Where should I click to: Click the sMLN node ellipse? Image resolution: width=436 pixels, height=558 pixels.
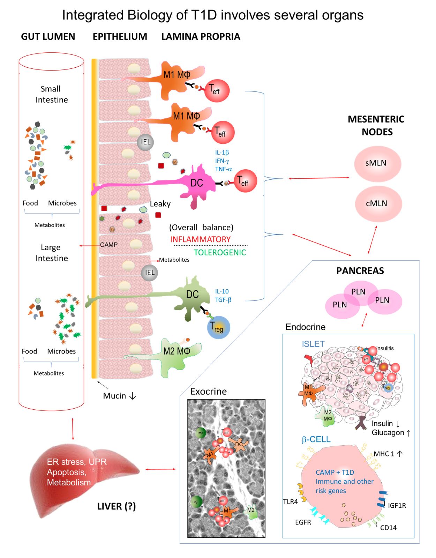coord(377,163)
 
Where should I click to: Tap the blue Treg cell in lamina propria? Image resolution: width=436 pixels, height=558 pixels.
coord(218,327)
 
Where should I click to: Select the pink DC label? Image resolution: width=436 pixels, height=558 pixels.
coord(197,183)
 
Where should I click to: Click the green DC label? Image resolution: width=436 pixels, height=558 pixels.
coord(192,294)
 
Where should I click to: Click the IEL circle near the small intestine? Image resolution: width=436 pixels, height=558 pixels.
coord(145,142)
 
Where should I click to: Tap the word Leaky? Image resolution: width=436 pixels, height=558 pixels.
coord(160,204)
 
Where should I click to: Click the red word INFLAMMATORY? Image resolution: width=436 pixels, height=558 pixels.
coord(200,239)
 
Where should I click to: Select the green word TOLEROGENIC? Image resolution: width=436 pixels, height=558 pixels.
coord(220,252)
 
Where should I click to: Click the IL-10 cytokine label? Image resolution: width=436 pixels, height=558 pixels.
coord(222,291)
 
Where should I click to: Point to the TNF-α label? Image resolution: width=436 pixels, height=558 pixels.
coord(224,169)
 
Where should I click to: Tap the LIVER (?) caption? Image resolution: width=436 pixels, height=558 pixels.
coord(116,506)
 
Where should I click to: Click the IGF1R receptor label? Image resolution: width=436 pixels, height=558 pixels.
coord(397,505)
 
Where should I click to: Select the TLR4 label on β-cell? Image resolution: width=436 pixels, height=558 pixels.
coord(290,501)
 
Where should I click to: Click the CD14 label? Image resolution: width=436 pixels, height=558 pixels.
coord(388,528)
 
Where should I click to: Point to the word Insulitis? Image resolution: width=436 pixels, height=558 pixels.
coord(385,348)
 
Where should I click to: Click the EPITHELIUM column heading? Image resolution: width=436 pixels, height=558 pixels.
coord(120,37)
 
